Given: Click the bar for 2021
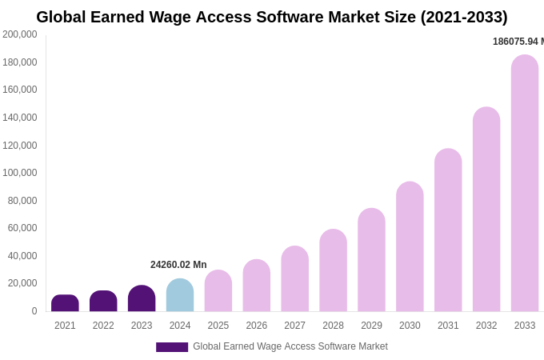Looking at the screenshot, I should pyautogui.click(x=65, y=303).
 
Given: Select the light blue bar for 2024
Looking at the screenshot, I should pyautogui.click(x=180, y=295).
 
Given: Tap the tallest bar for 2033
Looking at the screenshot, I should pyautogui.click(x=525, y=183).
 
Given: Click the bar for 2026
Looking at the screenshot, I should pyautogui.click(x=257, y=286).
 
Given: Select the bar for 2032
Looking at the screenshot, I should pyautogui.click(x=486, y=210).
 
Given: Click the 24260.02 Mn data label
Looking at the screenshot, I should pyautogui.click(x=178, y=265).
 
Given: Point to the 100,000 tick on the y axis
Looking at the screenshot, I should pyautogui.click(x=19, y=173).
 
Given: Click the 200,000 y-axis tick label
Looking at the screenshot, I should pyautogui.click(x=19, y=34).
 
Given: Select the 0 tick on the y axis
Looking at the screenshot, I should pyautogui.click(x=34, y=311).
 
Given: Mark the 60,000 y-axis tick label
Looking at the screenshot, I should pyautogui.click(x=22, y=228).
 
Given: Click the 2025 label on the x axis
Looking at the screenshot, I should pyautogui.click(x=218, y=326).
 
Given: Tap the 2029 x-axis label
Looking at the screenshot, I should pyautogui.click(x=371, y=326).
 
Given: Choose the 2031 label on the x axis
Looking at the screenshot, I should pyautogui.click(x=448, y=326).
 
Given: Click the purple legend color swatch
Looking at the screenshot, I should pyautogui.click(x=172, y=347).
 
